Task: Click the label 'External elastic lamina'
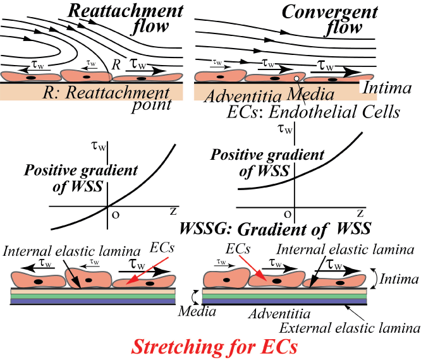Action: [350, 328]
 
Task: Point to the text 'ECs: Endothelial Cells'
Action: [314, 112]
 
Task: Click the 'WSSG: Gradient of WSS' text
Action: [276, 227]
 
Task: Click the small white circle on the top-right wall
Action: [296, 80]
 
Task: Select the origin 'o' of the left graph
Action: [114, 213]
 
